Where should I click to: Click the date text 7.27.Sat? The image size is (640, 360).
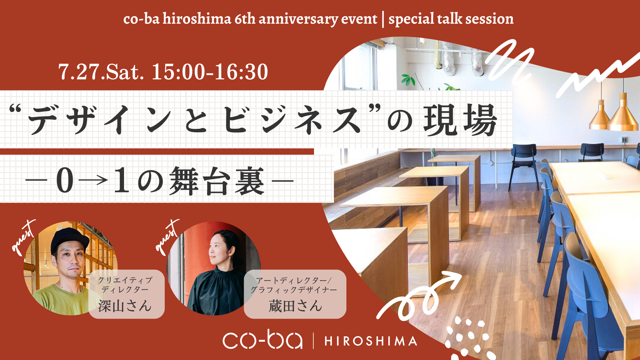(x=101, y=72)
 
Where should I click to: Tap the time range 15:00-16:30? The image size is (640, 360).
(x=210, y=72)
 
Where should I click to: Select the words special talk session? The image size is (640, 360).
(x=451, y=19)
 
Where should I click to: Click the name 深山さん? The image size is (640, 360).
(x=125, y=306)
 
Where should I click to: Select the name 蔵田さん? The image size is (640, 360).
(x=295, y=306)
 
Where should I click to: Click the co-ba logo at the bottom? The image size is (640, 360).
(x=262, y=340)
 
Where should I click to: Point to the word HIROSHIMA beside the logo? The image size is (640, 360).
(x=371, y=341)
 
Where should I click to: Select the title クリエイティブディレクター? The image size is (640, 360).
(x=125, y=285)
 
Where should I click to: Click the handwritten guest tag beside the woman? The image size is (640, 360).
(x=167, y=237)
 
